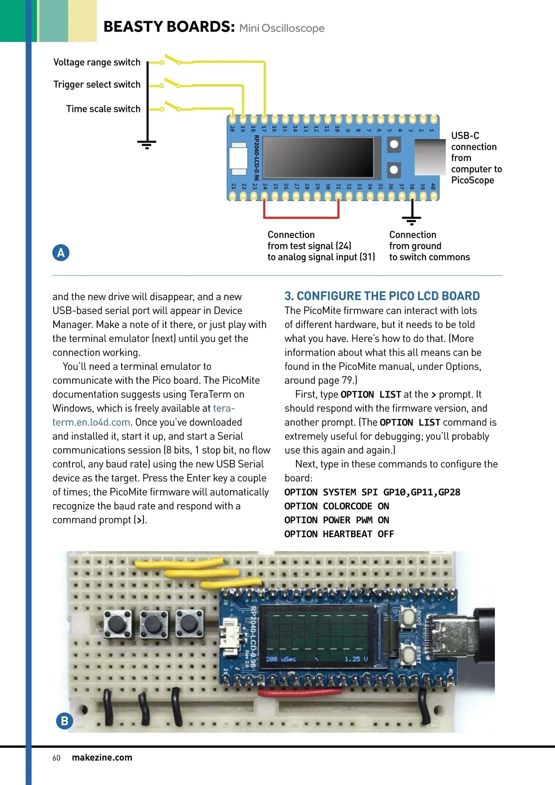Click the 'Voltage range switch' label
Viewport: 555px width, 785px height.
tap(97, 62)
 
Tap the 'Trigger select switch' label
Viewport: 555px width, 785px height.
tap(97, 85)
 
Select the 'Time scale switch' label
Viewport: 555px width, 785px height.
tap(103, 109)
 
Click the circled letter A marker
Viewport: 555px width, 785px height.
tap(61, 253)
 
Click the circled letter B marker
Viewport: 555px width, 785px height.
tap(64, 721)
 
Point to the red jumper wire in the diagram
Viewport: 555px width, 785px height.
tap(301, 217)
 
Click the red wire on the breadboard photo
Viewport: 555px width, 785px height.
tap(300, 692)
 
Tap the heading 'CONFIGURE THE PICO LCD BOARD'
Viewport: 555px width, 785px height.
tap(388, 296)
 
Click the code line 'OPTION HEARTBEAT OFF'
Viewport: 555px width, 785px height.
tap(339, 534)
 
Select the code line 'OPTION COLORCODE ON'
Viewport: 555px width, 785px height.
tap(337, 506)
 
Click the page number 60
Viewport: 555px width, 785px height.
tap(56, 758)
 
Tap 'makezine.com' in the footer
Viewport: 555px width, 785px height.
tap(102, 757)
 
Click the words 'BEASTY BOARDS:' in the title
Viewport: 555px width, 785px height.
tap(169, 27)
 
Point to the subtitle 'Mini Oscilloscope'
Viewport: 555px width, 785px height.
tap(282, 28)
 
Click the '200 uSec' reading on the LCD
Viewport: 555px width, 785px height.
tap(281, 659)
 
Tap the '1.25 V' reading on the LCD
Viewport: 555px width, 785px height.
tap(356, 659)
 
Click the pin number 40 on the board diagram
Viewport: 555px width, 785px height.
tap(433, 186)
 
